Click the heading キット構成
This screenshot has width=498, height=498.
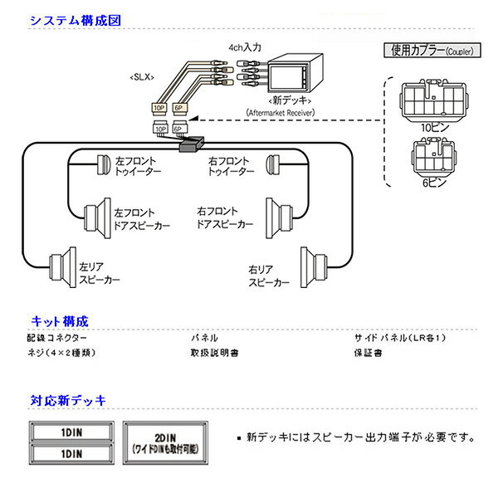click(x=59, y=320)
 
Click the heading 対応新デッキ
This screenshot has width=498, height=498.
click(x=68, y=400)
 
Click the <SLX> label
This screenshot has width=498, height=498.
click(x=140, y=77)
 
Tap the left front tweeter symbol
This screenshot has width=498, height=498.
click(x=103, y=164)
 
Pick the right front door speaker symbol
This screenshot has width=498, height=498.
click(x=280, y=214)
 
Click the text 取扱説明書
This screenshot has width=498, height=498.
click(x=214, y=353)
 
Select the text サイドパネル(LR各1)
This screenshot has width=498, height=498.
click(x=401, y=338)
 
